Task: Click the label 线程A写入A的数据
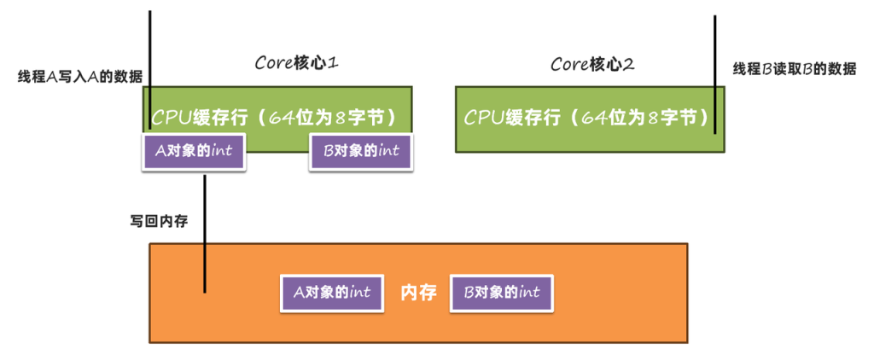click(80, 76)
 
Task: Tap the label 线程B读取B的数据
click(794, 68)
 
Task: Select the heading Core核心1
click(299, 63)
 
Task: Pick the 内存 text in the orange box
click(418, 293)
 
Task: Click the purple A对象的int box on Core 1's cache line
click(193, 153)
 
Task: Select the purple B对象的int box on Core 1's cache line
click(360, 153)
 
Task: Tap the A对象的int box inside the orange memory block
click(332, 293)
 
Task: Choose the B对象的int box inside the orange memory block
click(501, 293)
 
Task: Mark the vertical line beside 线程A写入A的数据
click(150, 51)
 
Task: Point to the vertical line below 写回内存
click(205, 230)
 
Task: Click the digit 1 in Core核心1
click(336, 63)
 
